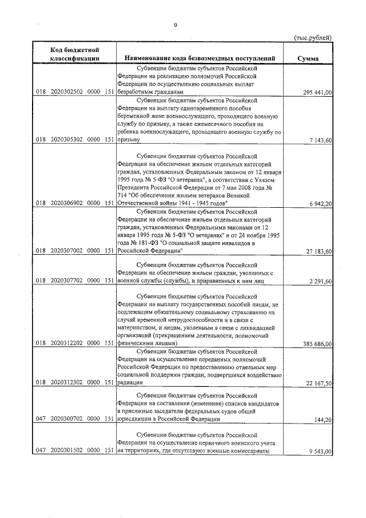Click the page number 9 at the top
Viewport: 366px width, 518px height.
(176, 25)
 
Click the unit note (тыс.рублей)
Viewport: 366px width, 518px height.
(313, 38)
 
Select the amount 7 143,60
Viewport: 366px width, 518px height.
(319, 140)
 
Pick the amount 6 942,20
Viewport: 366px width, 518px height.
(319, 203)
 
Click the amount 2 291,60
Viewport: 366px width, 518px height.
(319, 281)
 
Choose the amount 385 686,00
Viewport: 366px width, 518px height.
(313, 343)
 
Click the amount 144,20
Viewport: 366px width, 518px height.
(323, 420)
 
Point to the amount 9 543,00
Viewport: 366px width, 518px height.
(319, 451)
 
